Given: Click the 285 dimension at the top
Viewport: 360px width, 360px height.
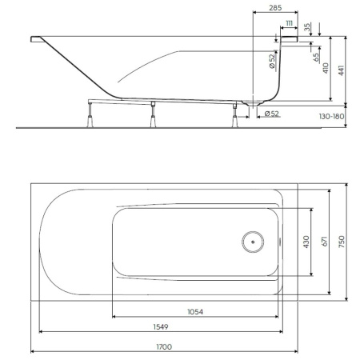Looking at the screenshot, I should (x=274, y=9).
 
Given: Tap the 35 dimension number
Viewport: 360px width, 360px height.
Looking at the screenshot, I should (x=308, y=28).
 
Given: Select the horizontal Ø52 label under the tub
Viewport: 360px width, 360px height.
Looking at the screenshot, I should (x=272, y=114).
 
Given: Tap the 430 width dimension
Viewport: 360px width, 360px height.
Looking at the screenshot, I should (x=305, y=242).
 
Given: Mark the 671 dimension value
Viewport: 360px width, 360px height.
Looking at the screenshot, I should (x=326, y=242).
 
